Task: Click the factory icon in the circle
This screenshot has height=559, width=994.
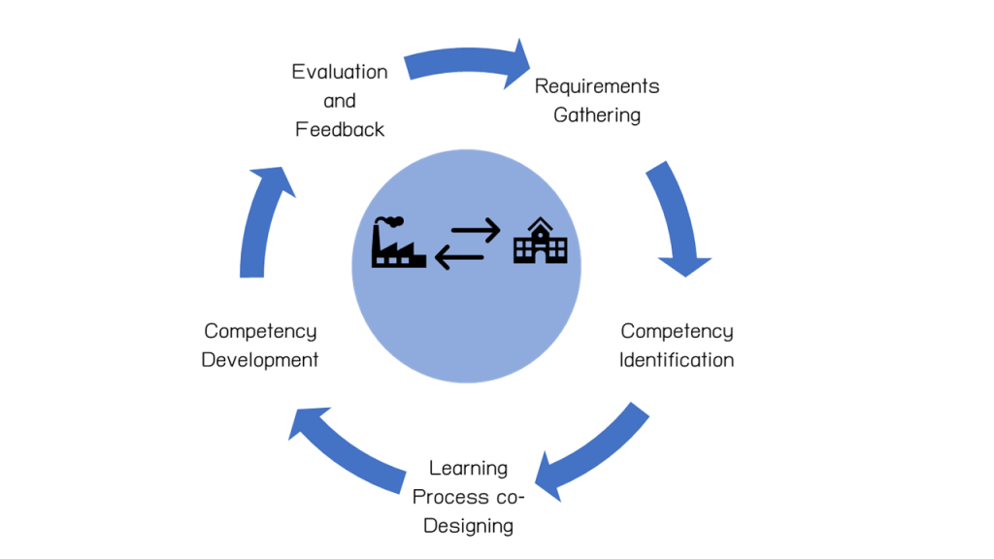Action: (x=398, y=244)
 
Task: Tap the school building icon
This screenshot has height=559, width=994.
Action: (x=540, y=240)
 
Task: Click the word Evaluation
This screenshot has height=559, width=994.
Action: (x=340, y=72)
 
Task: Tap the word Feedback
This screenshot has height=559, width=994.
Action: (x=340, y=129)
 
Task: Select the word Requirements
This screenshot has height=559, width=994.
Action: (x=597, y=86)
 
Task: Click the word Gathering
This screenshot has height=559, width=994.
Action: (x=597, y=115)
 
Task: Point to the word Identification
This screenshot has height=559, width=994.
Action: (x=677, y=360)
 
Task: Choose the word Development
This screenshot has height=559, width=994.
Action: (x=260, y=360)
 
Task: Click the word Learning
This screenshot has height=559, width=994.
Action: (x=468, y=469)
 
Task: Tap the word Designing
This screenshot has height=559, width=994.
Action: (x=468, y=527)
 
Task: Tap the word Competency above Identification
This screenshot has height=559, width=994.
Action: (x=677, y=332)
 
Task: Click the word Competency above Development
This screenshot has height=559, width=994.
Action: (x=260, y=332)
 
